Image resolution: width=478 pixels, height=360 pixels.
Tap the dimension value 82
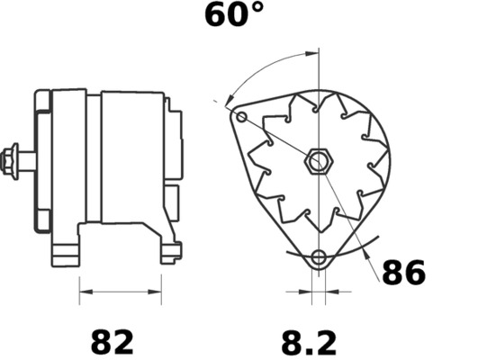pyautogui.click(x=112, y=342)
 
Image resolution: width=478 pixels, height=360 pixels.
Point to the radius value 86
pyautogui.click(x=403, y=272)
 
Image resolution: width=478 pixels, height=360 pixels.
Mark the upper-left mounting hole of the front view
pyautogui.click(x=241, y=116)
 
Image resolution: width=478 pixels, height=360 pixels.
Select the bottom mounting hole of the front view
pyautogui.click(x=317, y=259)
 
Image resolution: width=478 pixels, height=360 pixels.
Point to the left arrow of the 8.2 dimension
pyautogui.click(x=303, y=292)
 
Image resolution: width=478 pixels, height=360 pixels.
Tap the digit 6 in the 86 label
pyautogui.click(x=415, y=272)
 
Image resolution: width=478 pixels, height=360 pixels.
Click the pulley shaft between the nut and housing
pyautogui.click(x=29, y=162)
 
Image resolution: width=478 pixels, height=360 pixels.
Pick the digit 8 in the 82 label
pyautogui.click(x=100, y=342)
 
